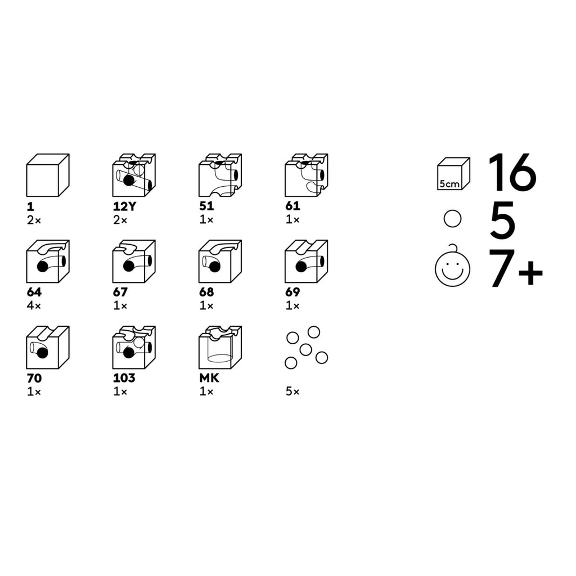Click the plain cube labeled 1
48,175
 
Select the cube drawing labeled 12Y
134,175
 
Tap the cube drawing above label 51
220,175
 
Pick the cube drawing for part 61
307,175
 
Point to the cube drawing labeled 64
48,261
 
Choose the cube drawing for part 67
134,261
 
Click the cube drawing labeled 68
220,261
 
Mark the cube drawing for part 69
307,261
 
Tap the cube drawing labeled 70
48,348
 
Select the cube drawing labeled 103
134,348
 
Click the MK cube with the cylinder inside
220,348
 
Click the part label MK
209,378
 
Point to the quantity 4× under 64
34,305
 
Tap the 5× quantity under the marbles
292,391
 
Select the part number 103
124,378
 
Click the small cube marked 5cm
454,174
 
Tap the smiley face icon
453,268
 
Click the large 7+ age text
516,268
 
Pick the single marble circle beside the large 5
453,219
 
